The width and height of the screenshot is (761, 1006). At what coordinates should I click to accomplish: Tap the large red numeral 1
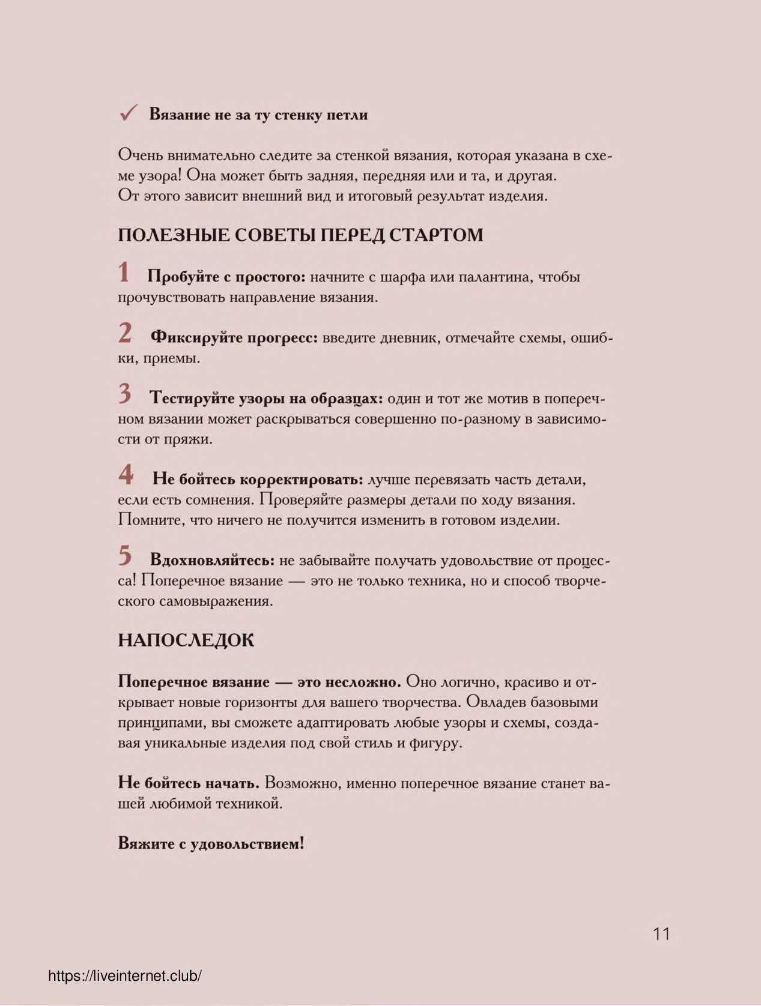coord(124,273)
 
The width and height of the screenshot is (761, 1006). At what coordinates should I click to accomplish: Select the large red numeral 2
coord(125,333)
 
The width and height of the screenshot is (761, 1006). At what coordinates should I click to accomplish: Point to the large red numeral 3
coord(125,394)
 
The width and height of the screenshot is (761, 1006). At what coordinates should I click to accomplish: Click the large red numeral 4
coord(126,475)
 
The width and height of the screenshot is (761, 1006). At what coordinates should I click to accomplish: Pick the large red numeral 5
coord(125,556)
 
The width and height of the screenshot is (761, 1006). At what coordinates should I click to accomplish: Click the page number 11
coord(661,934)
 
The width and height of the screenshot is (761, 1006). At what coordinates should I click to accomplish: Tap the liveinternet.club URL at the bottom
coord(125,977)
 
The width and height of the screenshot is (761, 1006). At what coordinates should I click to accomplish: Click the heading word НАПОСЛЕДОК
coord(186,640)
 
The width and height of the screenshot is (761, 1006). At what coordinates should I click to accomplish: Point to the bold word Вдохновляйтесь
coord(212,561)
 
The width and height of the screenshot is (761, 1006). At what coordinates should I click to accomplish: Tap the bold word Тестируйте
coord(192,399)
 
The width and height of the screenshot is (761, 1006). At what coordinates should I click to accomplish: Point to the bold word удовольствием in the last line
coord(247,844)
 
